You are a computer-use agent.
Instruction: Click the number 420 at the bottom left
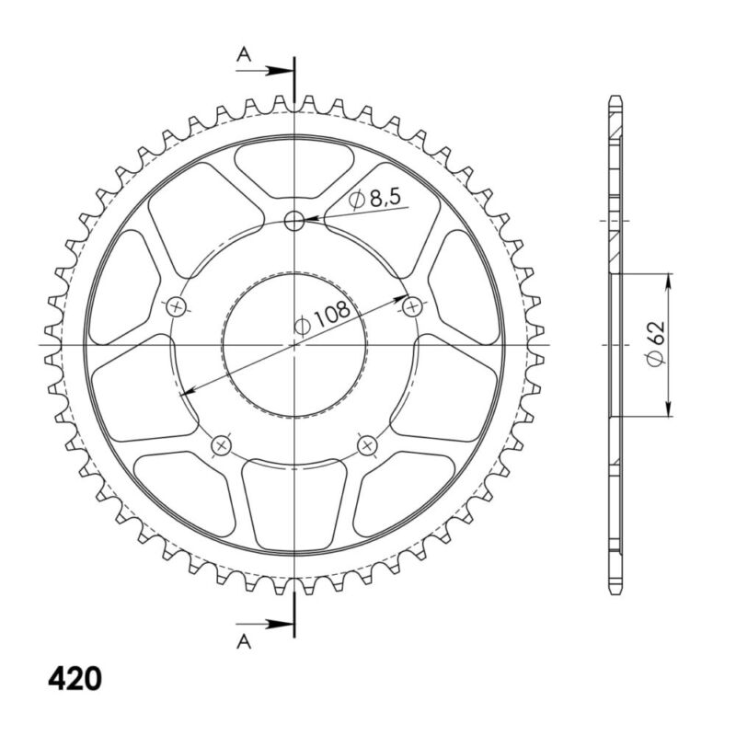pyautogui.click(x=75, y=679)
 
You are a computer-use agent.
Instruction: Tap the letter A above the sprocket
pyautogui.click(x=244, y=55)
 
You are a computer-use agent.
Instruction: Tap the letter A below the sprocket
pyautogui.click(x=244, y=641)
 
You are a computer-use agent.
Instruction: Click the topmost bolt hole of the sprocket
pyautogui.click(x=294, y=220)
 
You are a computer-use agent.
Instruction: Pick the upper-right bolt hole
pyautogui.click(x=412, y=305)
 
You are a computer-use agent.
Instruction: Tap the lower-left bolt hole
pyautogui.click(x=221, y=446)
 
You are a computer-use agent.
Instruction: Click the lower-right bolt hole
pyautogui.click(x=368, y=446)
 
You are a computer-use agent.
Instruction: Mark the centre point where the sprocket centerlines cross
pyautogui.click(x=294, y=344)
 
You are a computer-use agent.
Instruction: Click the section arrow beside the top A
pyautogui.click(x=276, y=69)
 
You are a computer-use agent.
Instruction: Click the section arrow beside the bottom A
pyautogui.click(x=276, y=625)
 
